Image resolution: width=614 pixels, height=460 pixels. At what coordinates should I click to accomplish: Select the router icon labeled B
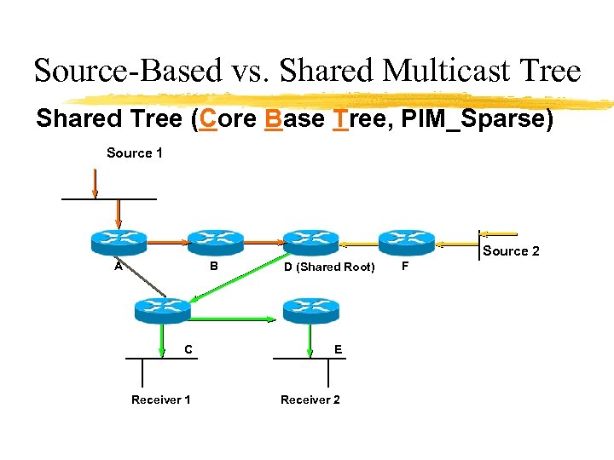tap(215, 243)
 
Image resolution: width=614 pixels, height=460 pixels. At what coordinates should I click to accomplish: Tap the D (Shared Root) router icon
tap(310, 243)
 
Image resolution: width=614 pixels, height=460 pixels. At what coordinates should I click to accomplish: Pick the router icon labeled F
tap(406, 243)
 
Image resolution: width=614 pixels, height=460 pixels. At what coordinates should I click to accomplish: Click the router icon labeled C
tap(162, 311)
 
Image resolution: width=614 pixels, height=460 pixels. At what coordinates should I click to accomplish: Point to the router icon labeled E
tap(310, 311)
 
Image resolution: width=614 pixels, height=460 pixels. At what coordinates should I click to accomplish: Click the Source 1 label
tap(135, 153)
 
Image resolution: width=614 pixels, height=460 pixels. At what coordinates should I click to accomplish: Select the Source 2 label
tap(511, 251)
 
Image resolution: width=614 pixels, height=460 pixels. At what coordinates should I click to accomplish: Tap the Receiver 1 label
tap(160, 400)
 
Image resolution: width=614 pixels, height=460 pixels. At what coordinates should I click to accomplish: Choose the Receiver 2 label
tap(310, 400)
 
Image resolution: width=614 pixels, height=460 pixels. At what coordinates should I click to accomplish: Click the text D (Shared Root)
tap(328, 267)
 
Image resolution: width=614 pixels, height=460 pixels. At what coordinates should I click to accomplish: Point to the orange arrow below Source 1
tap(96, 182)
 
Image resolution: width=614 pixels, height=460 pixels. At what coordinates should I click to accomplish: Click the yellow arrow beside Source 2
tap(498, 233)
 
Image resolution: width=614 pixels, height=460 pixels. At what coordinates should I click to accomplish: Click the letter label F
tap(405, 267)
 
